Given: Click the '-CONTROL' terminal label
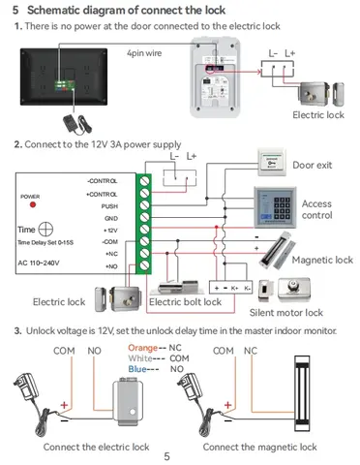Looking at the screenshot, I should pos(103,180).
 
